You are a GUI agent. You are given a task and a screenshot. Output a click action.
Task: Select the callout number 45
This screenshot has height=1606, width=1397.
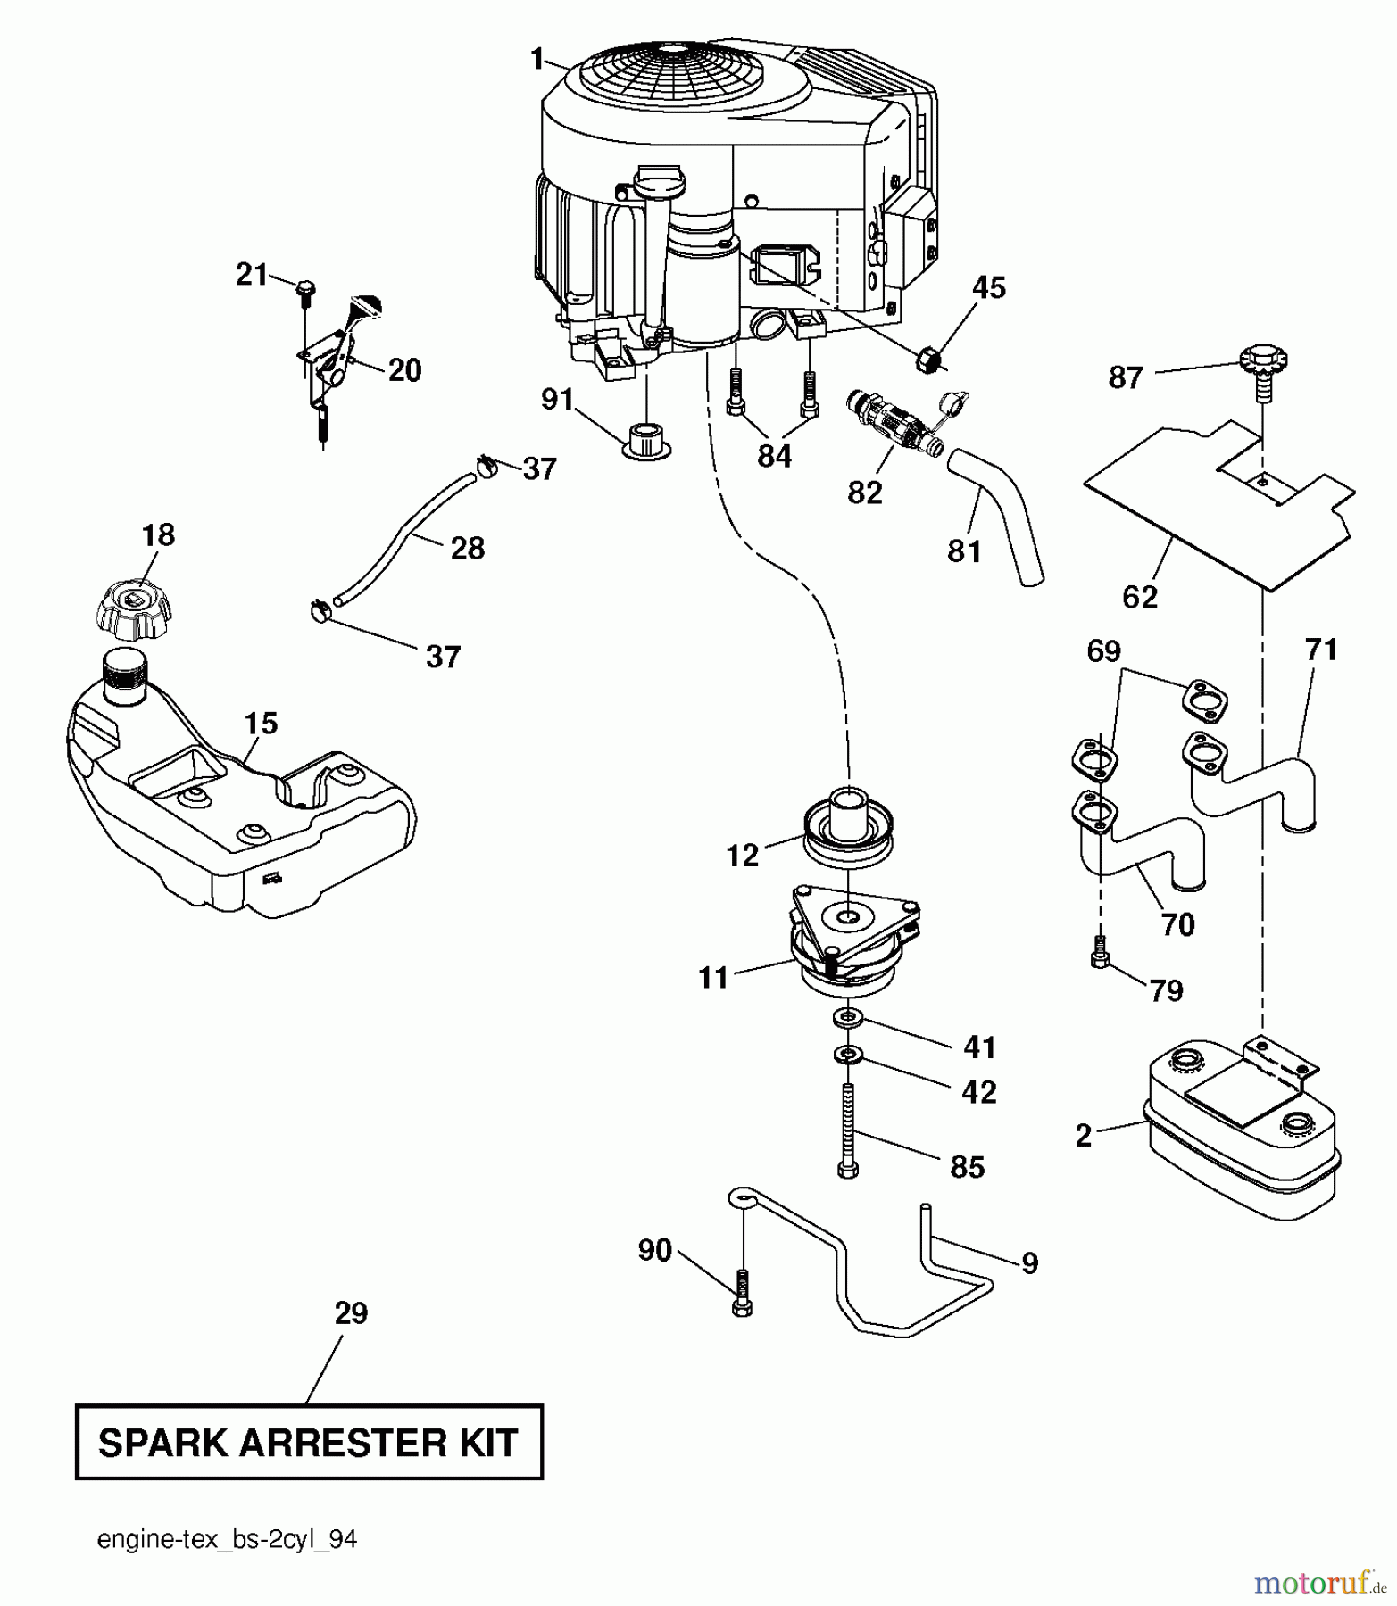click(x=988, y=288)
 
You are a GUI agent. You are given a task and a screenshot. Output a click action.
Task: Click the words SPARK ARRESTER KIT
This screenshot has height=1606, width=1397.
click(x=309, y=1443)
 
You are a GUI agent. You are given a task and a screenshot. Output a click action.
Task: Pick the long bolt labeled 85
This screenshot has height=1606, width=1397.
click(x=847, y=1130)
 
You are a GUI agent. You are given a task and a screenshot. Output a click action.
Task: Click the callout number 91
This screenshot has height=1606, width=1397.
click(x=557, y=399)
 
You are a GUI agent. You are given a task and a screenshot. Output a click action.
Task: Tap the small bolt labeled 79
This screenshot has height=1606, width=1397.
click(x=1100, y=956)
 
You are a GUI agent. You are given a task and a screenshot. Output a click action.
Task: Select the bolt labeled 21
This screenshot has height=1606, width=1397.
click(x=305, y=290)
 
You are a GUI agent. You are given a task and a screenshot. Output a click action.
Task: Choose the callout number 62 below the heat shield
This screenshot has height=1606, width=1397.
click(x=1139, y=596)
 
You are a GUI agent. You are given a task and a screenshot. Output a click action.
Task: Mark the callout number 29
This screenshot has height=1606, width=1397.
click(x=351, y=1312)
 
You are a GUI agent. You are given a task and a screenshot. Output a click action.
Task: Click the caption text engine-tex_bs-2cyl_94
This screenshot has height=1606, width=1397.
click(x=228, y=1540)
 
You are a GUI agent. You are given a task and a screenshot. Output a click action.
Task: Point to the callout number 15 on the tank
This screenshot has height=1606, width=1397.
click(x=261, y=723)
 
